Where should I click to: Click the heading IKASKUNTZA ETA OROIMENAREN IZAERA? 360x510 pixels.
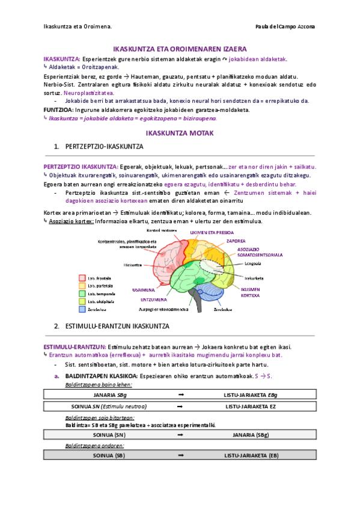180,48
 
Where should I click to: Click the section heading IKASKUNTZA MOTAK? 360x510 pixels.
180,132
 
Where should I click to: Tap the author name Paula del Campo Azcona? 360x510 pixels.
285,26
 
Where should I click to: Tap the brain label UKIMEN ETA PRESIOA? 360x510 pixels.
212,232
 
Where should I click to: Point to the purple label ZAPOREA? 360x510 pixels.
236,241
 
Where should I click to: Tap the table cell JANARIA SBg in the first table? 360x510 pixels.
111,395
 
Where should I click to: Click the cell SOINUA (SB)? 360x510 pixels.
111,456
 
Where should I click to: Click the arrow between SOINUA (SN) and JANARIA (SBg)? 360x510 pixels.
180,434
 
